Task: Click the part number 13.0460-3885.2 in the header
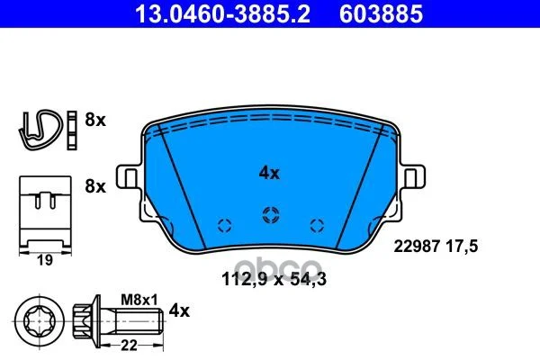tap(223, 14)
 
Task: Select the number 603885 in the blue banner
tap(381, 14)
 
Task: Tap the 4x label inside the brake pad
tap(269, 174)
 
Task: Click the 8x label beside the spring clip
tap(95, 121)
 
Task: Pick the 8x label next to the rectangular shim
tap(95, 186)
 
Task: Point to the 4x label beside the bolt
tap(179, 311)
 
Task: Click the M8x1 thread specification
tap(139, 300)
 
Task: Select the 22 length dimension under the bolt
tap(129, 345)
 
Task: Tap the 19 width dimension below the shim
tap(45, 260)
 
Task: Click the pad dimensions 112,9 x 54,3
tap(274, 279)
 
